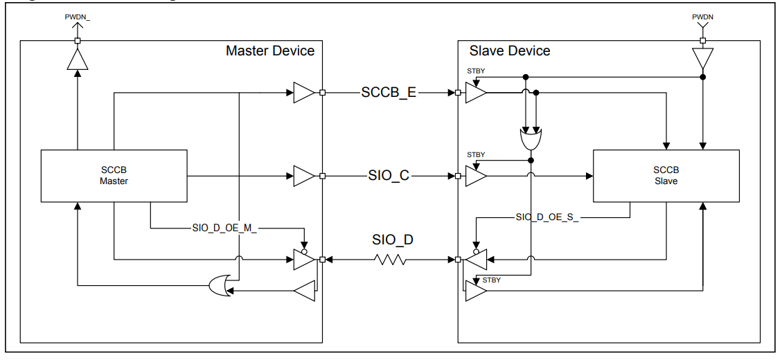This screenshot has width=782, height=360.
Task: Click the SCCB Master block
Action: [x=114, y=175]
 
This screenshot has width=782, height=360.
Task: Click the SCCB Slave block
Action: [x=666, y=175]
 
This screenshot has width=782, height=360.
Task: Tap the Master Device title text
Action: [x=269, y=51]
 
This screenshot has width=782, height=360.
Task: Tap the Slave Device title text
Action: [x=510, y=51]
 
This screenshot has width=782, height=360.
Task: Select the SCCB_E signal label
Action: [x=389, y=93]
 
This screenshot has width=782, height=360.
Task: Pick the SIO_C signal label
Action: [x=389, y=176]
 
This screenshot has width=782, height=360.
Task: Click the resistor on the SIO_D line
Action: [x=391, y=260]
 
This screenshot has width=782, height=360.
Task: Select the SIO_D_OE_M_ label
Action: [x=224, y=228]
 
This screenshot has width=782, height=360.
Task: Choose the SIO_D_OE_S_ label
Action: [x=546, y=217]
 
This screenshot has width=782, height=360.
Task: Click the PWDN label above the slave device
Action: [x=702, y=16]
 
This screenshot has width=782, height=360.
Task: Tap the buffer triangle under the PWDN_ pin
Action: [x=78, y=60]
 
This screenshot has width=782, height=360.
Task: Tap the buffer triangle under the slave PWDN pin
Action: [x=702, y=58]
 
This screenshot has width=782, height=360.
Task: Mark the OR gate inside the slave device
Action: [x=531, y=139]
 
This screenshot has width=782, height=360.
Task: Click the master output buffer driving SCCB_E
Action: [x=303, y=93]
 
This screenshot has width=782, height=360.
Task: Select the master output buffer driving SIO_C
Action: [x=303, y=176]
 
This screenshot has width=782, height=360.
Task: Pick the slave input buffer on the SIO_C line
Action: [x=476, y=177]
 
